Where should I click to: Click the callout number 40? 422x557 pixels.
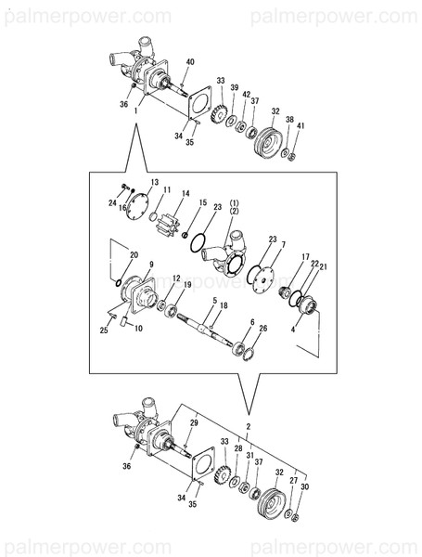tap(189, 61)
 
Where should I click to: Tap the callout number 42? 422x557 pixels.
tap(246, 95)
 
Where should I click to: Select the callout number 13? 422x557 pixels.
tap(154, 183)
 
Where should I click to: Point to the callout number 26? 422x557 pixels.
tap(263, 328)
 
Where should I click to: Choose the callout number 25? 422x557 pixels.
tap(105, 330)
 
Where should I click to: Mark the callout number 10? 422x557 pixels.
tap(138, 328)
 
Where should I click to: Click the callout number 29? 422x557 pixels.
tap(194, 423)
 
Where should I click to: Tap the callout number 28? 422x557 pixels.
tap(237, 448)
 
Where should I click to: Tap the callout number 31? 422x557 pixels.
tap(249, 456)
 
